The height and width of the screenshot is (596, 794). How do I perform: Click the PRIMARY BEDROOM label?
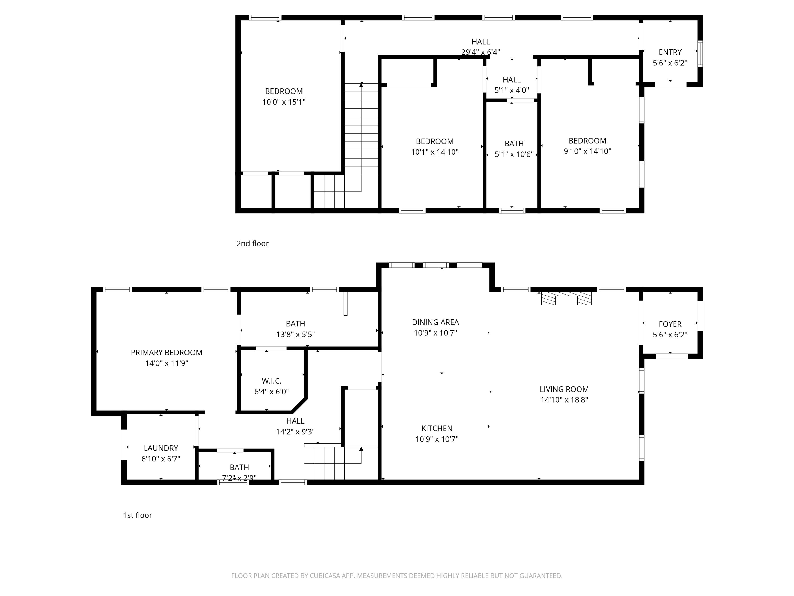click(x=166, y=352)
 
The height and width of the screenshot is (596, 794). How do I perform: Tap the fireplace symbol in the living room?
click(x=566, y=299)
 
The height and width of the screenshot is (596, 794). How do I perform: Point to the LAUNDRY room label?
click(x=161, y=448)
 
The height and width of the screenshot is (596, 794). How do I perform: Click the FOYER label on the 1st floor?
click(x=670, y=324)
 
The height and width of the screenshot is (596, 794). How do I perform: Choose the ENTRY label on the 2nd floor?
click(x=670, y=52)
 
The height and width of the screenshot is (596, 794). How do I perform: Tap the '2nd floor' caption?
click(x=252, y=244)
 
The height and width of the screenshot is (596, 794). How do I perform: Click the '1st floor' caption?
click(x=137, y=515)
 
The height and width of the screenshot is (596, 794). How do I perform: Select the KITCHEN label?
click(x=437, y=428)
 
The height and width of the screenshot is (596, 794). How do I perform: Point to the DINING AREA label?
click(x=435, y=322)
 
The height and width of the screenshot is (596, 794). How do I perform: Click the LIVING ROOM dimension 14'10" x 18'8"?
click(x=564, y=400)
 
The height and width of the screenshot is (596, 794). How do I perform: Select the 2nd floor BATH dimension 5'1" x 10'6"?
click(x=514, y=154)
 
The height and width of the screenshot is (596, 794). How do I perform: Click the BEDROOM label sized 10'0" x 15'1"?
click(x=283, y=91)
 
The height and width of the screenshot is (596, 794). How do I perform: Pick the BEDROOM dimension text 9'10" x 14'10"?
click(x=587, y=151)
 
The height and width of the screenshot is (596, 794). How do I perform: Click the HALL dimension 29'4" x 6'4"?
click(x=480, y=52)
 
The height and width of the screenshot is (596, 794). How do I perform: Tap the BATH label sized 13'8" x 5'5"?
click(x=295, y=324)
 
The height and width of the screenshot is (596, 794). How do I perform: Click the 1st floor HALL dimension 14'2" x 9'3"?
click(x=295, y=432)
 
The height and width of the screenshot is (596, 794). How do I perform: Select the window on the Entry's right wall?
click(x=700, y=54)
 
